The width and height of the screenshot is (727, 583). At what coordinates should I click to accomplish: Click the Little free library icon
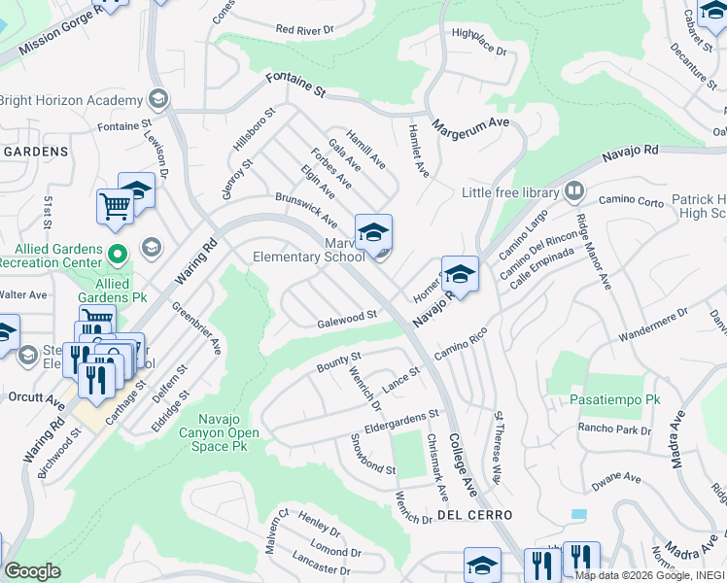[575, 190]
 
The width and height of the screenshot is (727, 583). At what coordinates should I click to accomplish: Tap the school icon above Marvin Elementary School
[373, 232]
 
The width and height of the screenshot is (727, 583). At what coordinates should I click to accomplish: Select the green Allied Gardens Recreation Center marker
[118, 257]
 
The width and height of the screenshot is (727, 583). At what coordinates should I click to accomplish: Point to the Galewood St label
[347, 318]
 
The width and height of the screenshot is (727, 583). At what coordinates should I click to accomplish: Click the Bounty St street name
[339, 363]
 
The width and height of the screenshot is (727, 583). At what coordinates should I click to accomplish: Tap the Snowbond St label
[373, 453]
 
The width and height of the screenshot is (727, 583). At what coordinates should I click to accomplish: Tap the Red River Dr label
[304, 30]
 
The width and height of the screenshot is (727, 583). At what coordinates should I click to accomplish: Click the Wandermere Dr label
[652, 326]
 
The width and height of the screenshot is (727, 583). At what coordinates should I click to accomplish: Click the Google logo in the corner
[32, 571]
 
